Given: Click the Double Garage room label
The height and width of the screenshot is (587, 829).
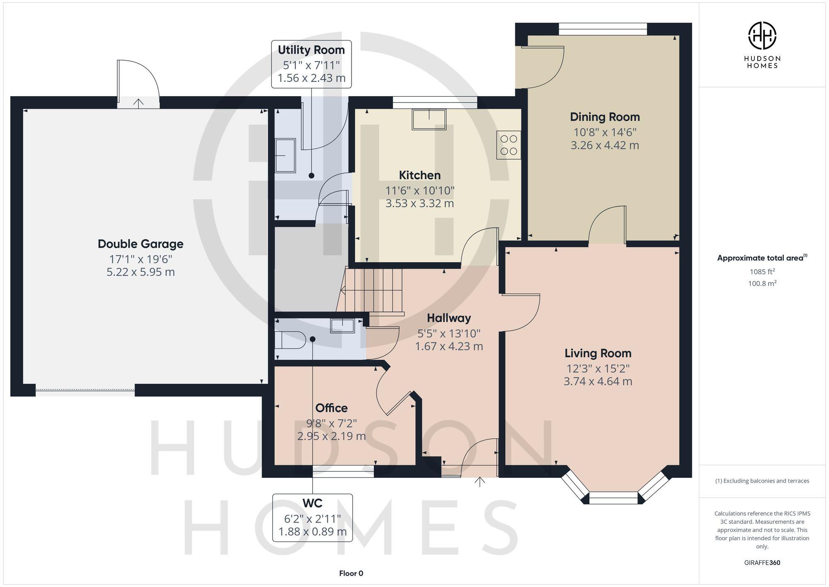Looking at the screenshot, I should [141, 244].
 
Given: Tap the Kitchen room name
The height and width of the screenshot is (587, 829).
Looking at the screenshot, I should [419, 175].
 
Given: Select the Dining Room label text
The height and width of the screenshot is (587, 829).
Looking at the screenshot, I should [605, 117].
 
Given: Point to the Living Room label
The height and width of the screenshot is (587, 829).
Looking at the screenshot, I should [598, 353].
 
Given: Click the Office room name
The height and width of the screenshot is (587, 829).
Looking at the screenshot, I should [331, 408].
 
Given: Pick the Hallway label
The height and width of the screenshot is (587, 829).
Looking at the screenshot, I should [449, 318].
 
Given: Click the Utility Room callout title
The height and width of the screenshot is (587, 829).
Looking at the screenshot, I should [311, 50].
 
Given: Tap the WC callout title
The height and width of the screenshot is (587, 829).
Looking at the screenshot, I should [312, 503].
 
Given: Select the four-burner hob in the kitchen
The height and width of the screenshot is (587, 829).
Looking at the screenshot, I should [509, 145].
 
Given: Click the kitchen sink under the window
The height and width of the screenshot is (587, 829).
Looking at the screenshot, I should [429, 119].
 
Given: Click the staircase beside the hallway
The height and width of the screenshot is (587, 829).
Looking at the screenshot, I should [373, 290].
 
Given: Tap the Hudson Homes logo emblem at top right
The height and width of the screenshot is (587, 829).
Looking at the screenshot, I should [762, 36].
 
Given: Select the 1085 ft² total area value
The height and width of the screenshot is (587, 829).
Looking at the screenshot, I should [762, 272].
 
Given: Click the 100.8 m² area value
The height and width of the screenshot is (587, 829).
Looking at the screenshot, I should [762, 284].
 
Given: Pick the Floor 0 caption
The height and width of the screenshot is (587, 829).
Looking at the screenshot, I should [351, 573].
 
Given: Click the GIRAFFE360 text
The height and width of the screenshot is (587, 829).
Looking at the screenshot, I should [762, 563].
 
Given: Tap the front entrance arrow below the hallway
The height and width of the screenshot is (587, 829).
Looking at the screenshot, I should [480, 482].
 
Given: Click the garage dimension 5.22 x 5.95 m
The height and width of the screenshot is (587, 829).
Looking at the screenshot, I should [141, 273].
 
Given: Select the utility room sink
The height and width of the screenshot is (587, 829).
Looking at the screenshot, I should [286, 156].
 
